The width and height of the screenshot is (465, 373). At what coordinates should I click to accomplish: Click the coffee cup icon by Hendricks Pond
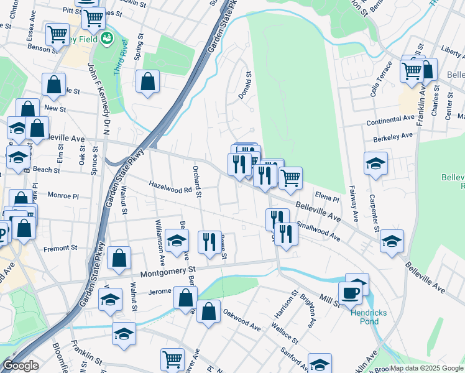(x=350, y=293)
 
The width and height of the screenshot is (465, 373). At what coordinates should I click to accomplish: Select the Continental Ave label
(x=390, y=118)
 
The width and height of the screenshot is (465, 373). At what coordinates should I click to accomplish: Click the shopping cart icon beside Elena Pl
(x=290, y=178)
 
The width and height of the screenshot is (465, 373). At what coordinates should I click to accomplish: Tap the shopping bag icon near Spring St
(x=148, y=81)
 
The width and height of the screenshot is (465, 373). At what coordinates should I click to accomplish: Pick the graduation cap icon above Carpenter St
(x=375, y=163)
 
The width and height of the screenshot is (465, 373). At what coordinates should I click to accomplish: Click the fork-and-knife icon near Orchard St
(x=209, y=241)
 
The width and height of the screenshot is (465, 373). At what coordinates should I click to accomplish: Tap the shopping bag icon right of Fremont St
(x=119, y=258)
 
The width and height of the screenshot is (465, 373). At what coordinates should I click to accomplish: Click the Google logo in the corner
(x=21, y=366)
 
